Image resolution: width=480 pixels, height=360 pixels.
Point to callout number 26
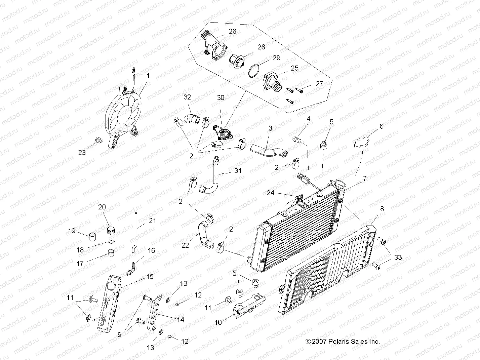(232, 31)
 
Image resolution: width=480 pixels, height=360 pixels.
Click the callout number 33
(398, 257)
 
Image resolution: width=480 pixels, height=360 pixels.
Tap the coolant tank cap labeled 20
(111, 231)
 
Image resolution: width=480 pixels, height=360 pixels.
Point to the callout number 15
(150, 276)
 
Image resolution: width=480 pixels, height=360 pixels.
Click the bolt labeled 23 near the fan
(98, 140)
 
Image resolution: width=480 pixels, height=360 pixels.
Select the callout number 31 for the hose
(238, 171)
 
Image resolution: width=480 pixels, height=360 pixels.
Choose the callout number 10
(218, 323)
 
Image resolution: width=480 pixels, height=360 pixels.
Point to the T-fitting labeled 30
(222, 132)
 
